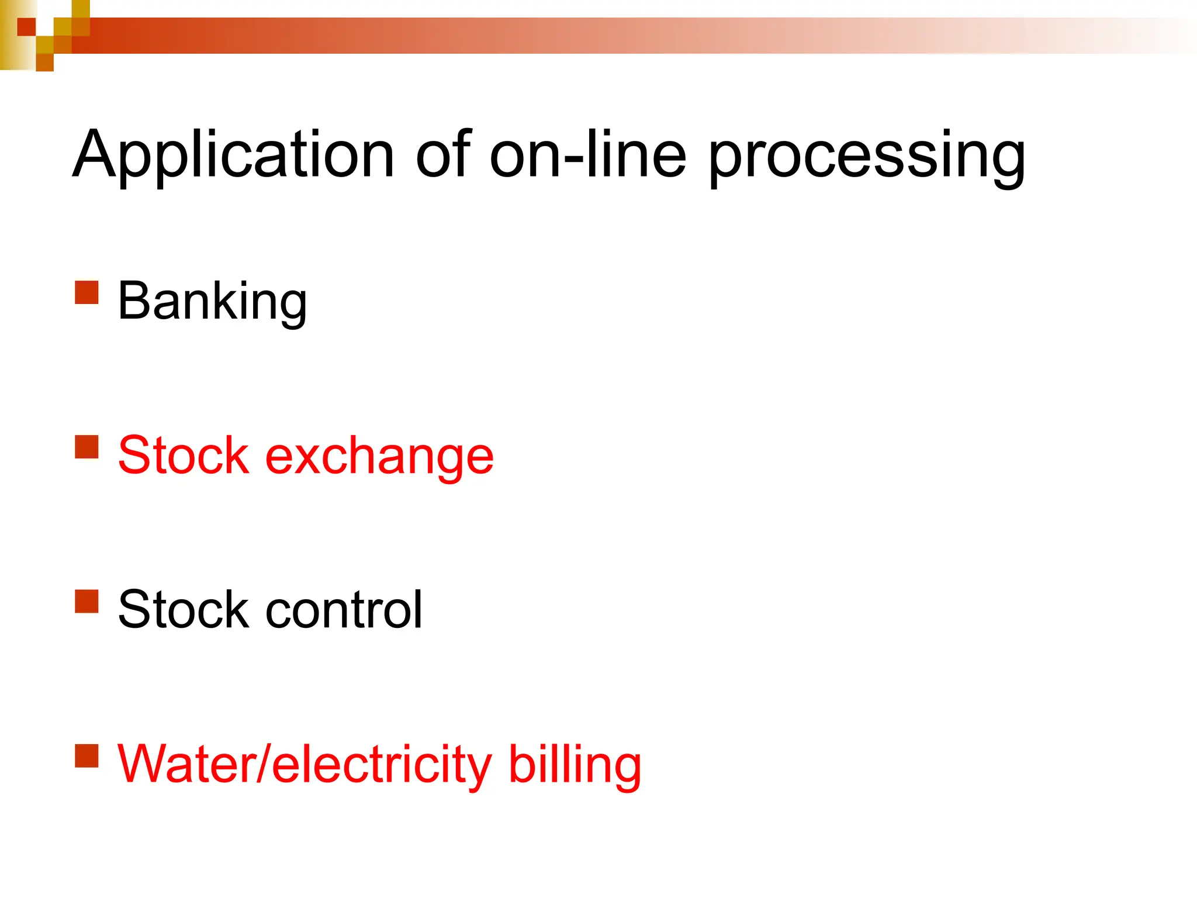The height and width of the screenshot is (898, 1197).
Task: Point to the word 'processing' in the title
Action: click(867, 157)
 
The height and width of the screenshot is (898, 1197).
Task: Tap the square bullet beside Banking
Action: click(87, 292)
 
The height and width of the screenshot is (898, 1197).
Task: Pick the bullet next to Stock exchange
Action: click(87, 447)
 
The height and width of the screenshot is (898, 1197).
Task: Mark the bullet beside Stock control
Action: click(87, 601)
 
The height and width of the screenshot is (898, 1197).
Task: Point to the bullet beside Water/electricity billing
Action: click(87, 755)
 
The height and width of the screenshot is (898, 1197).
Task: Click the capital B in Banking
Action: click(133, 301)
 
